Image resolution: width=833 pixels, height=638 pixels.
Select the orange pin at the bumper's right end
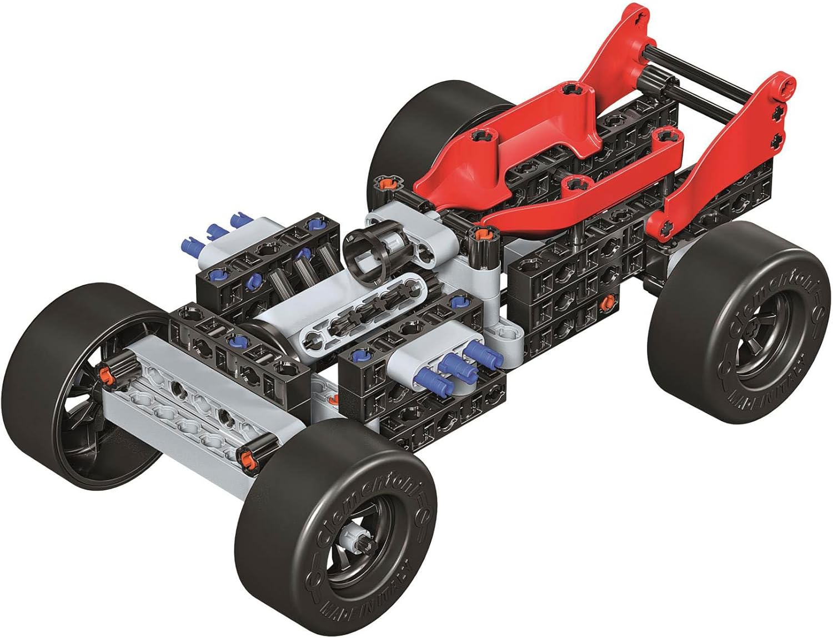pyautogui.click(x=245, y=458)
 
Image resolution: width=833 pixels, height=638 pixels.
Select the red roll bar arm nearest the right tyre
pyautogui.click(x=716, y=167)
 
